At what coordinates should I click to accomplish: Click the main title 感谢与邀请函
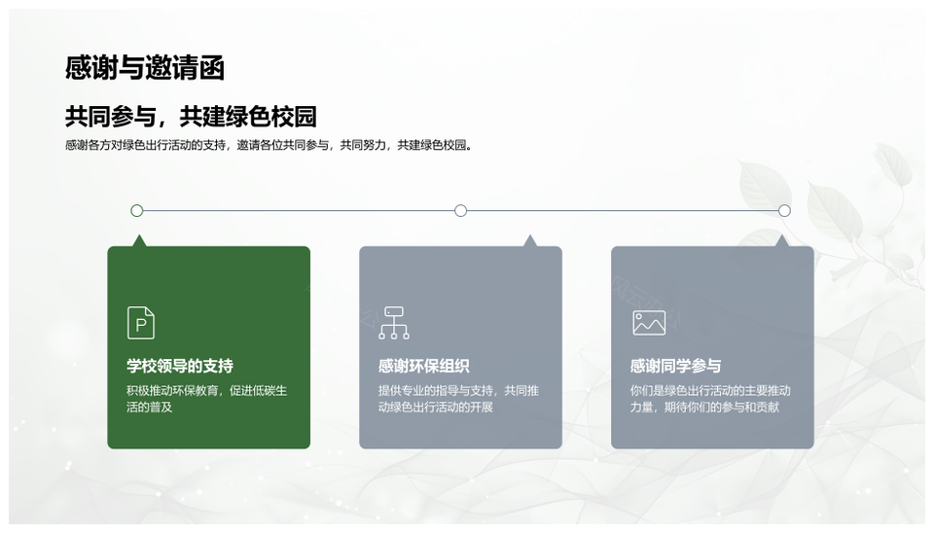coord(145,67)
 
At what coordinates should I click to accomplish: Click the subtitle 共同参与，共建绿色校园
coord(191,116)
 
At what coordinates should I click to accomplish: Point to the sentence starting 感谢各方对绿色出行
coord(269,145)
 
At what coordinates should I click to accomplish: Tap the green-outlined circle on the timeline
coord(137,210)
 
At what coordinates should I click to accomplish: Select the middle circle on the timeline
coord(460,210)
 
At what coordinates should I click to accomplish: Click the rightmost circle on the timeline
coord(784,210)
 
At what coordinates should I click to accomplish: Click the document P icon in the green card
coord(141,323)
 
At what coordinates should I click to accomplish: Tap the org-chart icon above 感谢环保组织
coord(394,323)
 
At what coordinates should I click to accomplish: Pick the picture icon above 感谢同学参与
coord(649,323)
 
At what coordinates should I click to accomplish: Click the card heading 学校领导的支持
coord(180,366)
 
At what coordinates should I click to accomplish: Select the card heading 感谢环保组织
coord(424,366)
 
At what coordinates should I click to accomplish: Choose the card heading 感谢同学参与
coord(675,366)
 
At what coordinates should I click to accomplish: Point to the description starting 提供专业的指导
coord(458,399)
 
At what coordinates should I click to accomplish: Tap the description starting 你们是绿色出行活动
coord(710,399)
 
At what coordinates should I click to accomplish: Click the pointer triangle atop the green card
coord(139,240)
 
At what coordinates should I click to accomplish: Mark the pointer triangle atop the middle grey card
coord(529,240)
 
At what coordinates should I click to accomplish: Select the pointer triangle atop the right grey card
coord(782,240)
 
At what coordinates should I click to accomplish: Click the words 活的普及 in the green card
coord(150,408)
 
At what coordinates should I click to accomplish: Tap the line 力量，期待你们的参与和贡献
coord(704,408)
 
